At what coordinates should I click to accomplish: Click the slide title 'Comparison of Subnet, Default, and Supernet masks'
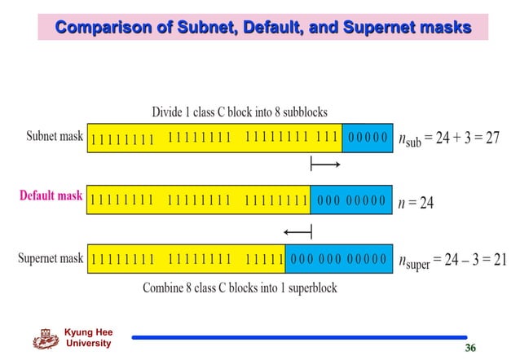click(x=262, y=29)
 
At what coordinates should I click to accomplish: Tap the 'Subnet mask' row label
click(x=55, y=136)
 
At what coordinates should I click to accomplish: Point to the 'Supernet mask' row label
click(x=51, y=259)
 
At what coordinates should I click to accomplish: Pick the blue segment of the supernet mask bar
click(x=337, y=260)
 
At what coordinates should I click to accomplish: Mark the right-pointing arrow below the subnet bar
click(x=325, y=165)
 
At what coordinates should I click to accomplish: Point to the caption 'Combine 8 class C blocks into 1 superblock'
click(x=240, y=288)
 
